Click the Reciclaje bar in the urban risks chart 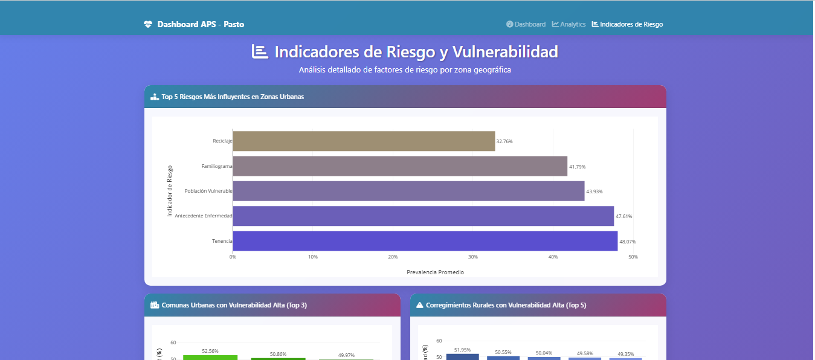(364, 141)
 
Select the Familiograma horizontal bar (400, 166)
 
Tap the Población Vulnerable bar (408, 191)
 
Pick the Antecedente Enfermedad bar (423, 216)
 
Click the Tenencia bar (425, 241)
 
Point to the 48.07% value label (628, 242)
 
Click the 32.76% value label (504, 141)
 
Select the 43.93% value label (594, 191)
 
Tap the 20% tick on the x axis (393, 257)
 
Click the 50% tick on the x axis (633, 257)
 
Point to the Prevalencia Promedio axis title (435, 272)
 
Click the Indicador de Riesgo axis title (169, 191)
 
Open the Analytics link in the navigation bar (569, 24)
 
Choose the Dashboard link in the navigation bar (526, 24)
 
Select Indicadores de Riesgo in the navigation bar (627, 24)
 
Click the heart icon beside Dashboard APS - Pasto (148, 24)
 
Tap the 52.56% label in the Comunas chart (210, 351)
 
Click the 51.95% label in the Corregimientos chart (462, 350)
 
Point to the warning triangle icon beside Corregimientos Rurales (419, 305)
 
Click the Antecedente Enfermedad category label (204, 216)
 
